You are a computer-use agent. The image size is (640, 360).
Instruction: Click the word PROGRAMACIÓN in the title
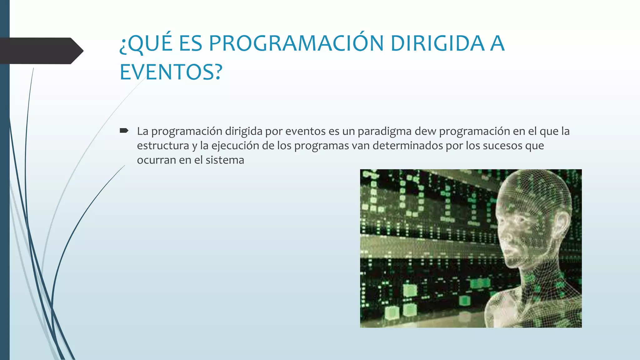click(x=296, y=43)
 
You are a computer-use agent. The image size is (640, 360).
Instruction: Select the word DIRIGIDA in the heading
click(x=437, y=43)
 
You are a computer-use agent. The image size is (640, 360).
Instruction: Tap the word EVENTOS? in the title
click(x=171, y=72)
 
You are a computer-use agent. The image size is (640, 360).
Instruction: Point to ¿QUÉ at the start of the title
click(x=146, y=43)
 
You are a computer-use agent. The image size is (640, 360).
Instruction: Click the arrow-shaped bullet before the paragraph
click(x=124, y=131)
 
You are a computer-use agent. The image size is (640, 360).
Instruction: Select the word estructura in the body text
click(x=163, y=146)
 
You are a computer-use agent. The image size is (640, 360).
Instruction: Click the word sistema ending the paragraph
click(x=225, y=160)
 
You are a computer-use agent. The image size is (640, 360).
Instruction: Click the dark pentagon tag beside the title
click(x=41, y=51)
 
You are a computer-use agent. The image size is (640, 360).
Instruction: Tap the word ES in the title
click(x=190, y=43)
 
